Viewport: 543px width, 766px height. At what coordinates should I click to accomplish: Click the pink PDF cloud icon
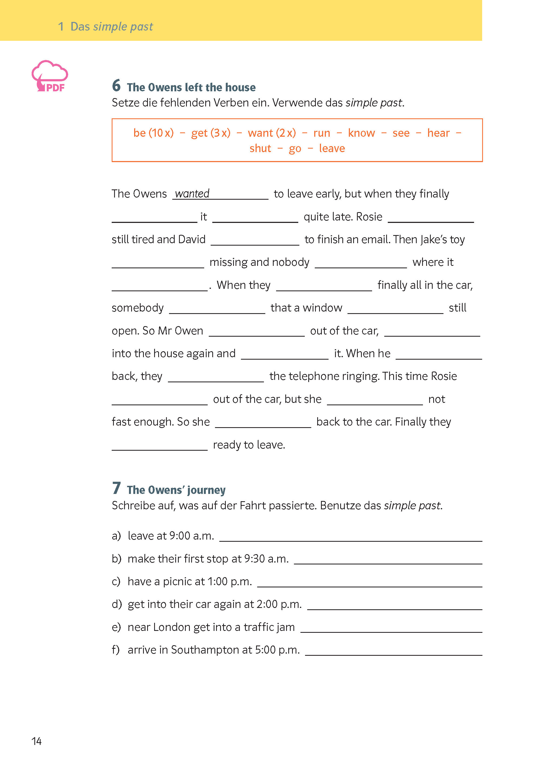click(x=49, y=76)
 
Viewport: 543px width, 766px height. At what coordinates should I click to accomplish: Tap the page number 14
click(x=37, y=741)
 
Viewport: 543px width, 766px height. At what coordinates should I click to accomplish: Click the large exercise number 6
click(x=116, y=86)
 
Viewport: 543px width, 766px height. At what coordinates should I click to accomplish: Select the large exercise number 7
click(x=116, y=488)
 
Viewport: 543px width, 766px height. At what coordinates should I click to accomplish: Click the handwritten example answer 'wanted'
click(x=192, y=194)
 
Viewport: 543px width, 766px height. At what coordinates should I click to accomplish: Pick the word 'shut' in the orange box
click(x=260, y=148)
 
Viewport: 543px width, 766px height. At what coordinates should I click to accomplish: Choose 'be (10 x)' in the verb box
click(x=154, y=133)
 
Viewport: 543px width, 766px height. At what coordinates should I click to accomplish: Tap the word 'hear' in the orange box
click(x=438, y=133)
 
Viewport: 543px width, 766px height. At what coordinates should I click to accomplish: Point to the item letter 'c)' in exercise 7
click(x=116, y=582)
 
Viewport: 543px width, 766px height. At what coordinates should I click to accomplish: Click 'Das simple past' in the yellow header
click(x=111, y=26)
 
